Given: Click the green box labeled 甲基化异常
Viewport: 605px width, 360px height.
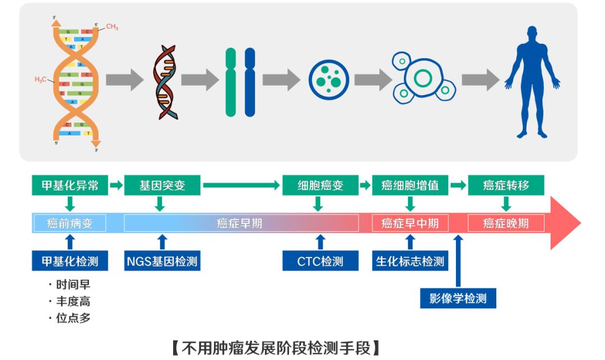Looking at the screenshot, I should pyautogui.click(x=70, y=185).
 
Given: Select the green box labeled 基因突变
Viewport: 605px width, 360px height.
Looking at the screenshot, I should pyautogui.click(x=162, y=185).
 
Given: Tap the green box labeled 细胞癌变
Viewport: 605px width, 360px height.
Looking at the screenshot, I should pyautogui.click(x=320, y=185).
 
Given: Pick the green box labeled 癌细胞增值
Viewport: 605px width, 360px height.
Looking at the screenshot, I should pyautogui.click(x=410, y=185).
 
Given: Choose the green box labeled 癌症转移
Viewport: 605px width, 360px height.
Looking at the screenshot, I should pyautogui.click(x=506, y=185).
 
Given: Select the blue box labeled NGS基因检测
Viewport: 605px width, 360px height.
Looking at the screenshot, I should pyautogui.click(x=162, y=261).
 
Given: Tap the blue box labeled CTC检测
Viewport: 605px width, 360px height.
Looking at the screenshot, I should pyautogui.click(x=320, y=261).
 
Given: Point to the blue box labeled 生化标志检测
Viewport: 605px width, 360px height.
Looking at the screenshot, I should pyautogui.click(x=410, y=261).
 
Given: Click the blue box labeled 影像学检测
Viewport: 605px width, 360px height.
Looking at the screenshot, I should pyautogui.click(x=458, y=298).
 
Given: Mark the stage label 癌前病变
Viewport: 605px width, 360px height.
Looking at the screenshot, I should pyautogui.click(x=70, y=223).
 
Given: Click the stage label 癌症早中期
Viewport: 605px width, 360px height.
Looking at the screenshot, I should pyautogui.click(x=410, y=223).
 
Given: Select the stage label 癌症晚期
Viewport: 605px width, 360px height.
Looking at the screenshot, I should pyautogui.click(x=506, y=223).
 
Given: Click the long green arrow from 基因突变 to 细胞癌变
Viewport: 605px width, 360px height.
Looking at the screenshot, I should pyautogui.click(x=241, y=185).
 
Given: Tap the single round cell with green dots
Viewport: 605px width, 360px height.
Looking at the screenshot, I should pyautogui.click(x=329, y=80).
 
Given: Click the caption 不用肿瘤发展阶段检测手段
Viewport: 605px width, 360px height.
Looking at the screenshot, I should pyautogui.click(x=275, y=348).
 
